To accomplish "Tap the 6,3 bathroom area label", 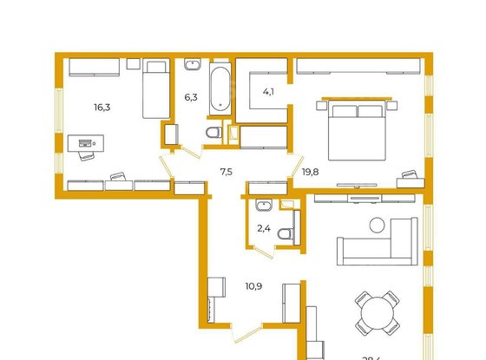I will coord(191,97).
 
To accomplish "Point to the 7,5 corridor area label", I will coord(226,172).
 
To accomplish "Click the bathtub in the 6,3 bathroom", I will coord(220,87).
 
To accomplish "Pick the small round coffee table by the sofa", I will coord(377,225).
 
